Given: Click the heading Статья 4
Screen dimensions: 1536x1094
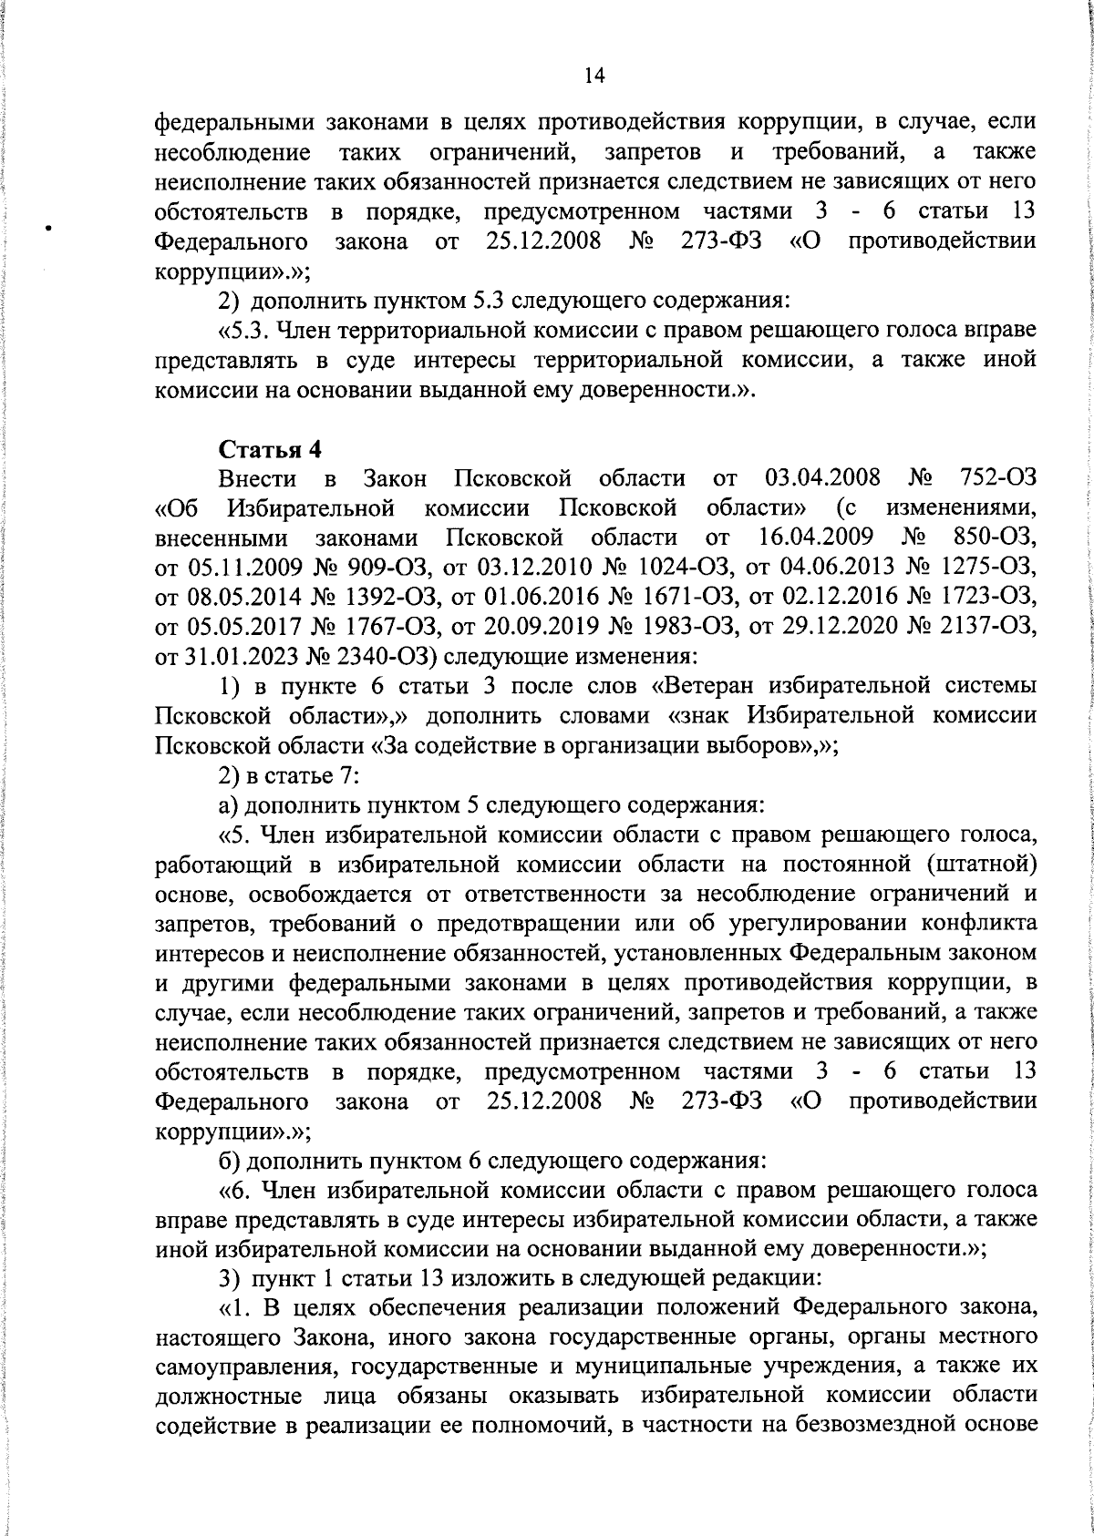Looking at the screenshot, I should pyautogui.click(x=271, y=449).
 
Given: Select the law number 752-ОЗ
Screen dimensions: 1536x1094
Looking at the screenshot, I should pyautogui.click(x=998, y=477).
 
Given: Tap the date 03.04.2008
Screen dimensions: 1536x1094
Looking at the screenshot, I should pyautogui.click(x=822, y=477).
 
